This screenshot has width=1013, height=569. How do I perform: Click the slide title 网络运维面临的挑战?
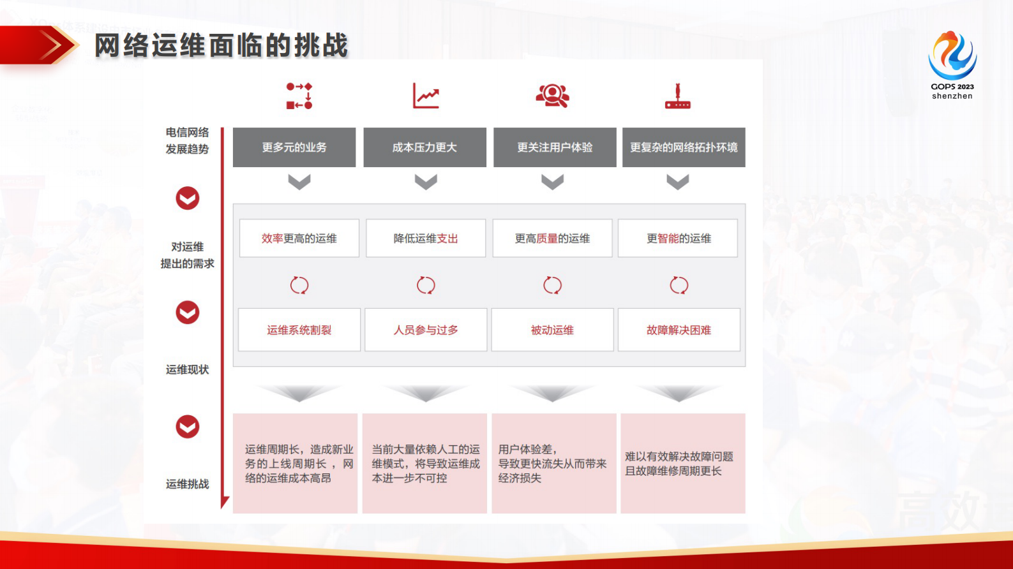221,46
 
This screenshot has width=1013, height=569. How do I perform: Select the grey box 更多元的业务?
294,147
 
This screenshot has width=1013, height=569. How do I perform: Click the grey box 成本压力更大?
424,147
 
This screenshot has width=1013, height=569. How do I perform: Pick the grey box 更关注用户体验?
555,147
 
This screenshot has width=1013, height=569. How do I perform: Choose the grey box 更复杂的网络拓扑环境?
684,147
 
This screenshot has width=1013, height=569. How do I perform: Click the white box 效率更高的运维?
299,239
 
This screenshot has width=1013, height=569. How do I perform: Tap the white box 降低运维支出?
426,239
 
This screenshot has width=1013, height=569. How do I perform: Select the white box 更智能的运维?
679,239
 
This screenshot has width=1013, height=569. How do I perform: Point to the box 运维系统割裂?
299,330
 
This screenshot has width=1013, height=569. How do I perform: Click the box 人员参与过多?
426,330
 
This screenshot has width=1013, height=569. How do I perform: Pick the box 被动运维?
552,330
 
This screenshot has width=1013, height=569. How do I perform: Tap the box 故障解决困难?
679,330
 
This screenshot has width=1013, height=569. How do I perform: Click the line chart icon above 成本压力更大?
426,96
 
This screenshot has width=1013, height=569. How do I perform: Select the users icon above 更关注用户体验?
553,96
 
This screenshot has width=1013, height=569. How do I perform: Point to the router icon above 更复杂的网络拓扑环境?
678,96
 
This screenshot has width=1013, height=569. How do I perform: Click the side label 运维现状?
187,370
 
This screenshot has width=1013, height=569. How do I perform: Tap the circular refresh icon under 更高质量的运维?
552,285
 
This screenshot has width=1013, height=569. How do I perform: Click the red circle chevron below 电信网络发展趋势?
188,198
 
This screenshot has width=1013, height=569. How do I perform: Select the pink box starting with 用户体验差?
553,464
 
